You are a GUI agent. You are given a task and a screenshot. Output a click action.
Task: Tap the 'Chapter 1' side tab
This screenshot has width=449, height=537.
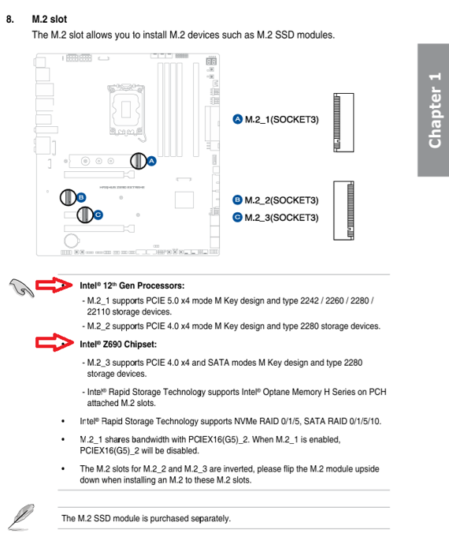[x=434, y=110]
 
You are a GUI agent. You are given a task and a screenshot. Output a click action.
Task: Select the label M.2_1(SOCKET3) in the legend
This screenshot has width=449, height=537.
[x=281, y=119]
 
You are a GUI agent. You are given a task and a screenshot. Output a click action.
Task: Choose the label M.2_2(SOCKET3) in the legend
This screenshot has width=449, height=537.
[x=281, y=200]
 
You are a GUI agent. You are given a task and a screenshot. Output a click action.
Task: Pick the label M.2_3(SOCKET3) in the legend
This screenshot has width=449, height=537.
[x=281, y=217]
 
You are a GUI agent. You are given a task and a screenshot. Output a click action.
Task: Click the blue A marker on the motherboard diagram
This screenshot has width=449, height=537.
[x=152, y=161]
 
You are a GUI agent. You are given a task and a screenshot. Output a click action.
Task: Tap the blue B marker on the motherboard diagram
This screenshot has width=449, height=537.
[x=81, y=196]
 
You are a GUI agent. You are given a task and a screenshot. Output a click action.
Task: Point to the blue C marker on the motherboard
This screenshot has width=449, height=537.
[x=98, y=214]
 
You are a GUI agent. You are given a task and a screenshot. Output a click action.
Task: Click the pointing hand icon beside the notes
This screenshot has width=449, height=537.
[x=21, y=289]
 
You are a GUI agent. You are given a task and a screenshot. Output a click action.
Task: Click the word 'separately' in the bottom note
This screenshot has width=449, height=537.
[x=206, y=518]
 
